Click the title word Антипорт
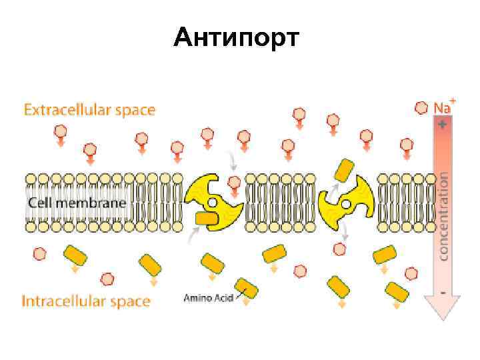[237, 38]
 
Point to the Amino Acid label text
[208, 298]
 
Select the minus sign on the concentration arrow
[443, 291]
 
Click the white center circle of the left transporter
[212, 202]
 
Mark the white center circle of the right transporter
[347, 202]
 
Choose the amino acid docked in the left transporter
[207, 218]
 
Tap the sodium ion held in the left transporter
[234, 181]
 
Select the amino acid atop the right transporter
[345, 170]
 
